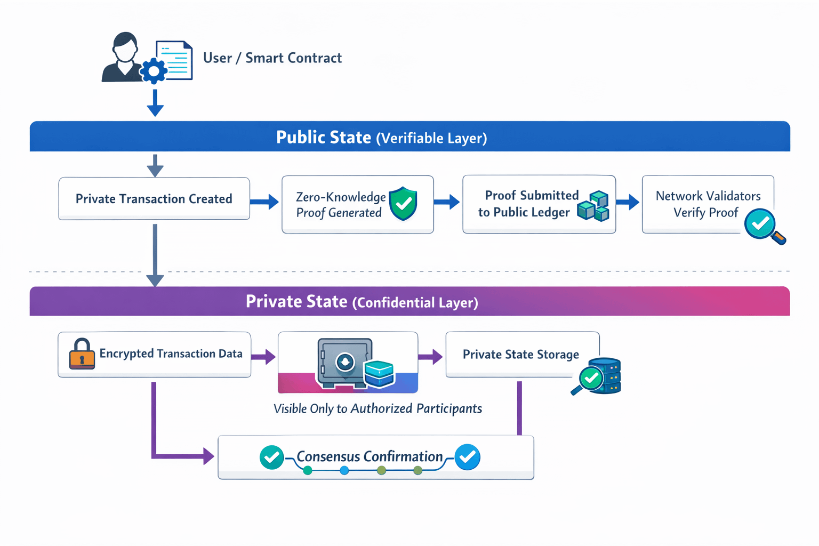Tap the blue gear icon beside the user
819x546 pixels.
[x=154, y=71]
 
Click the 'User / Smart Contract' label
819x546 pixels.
[x=272, y=58]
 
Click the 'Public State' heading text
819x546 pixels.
[x=324, y=137]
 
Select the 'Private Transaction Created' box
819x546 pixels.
[x=154, y=198]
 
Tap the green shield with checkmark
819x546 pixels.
[x=403, y=203]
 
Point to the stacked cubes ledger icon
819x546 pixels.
[x=593, y=206]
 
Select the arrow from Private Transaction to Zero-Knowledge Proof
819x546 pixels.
[x=264, y=202]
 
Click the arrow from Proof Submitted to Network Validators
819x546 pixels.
[x=628, y=202]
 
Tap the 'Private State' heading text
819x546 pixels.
[x=296, y=301]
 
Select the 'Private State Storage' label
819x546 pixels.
[x=520, y=355]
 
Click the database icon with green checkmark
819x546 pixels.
[x=599, y=376]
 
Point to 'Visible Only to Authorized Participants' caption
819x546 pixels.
[x=378, y=409]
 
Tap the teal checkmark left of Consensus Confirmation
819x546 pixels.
[x=271, y=457]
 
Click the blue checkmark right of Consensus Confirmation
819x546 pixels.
[x=468, y=457]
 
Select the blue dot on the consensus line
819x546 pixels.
[x=344, y=470]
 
